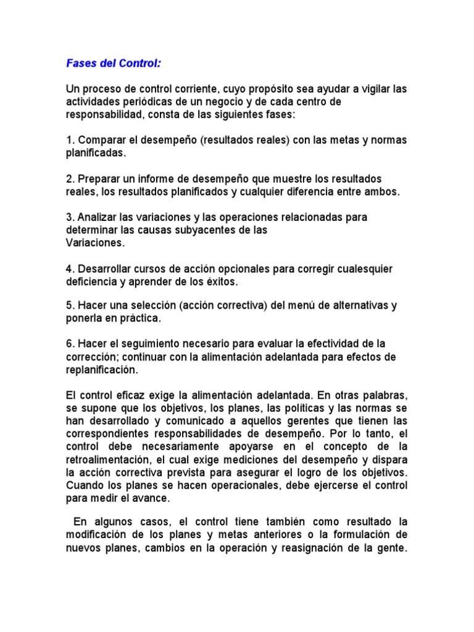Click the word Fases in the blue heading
pos(81,64)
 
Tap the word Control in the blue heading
pos(141,64)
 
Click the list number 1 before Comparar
pos(69,140)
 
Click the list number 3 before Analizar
pos(69,218)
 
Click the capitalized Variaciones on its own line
pos(95,243)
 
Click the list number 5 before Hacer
pos(69,305)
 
